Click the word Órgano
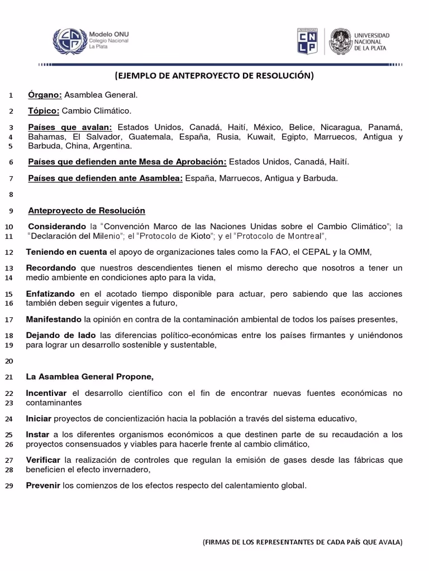pos(45,95)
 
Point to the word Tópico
pos(44,111)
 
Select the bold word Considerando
pos(56,226)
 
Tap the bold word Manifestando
pos(54,320)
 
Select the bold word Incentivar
pos(46,393)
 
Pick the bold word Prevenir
pos(43,485)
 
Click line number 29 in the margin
pos(8,486)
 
